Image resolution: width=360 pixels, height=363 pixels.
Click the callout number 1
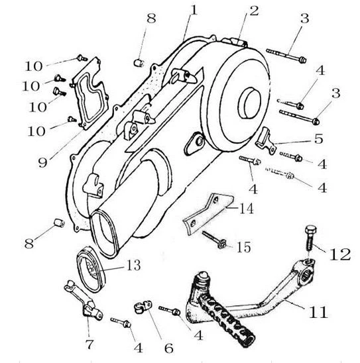(194, 11)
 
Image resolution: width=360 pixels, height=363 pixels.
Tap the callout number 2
(254, 11)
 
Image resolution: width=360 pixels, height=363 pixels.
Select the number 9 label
(43, 162)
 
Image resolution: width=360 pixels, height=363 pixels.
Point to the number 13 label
(134, 266)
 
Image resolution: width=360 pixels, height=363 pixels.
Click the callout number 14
(247, 209)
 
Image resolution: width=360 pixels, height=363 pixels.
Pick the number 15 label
(243, 247)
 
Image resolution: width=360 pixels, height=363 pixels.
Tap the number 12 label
(340, 254)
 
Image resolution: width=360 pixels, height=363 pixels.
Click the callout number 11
(318, 312)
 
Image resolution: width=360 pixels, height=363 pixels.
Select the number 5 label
(318, 138)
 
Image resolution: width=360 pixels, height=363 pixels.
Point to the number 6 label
(169, 348)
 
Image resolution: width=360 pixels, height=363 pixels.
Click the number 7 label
(90, 344)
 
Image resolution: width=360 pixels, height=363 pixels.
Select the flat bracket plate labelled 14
(208, 214)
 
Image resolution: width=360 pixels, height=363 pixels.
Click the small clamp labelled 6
(143, 307)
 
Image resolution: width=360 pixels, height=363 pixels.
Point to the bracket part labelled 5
(266, 140)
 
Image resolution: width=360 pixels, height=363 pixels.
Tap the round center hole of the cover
(250, 103)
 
